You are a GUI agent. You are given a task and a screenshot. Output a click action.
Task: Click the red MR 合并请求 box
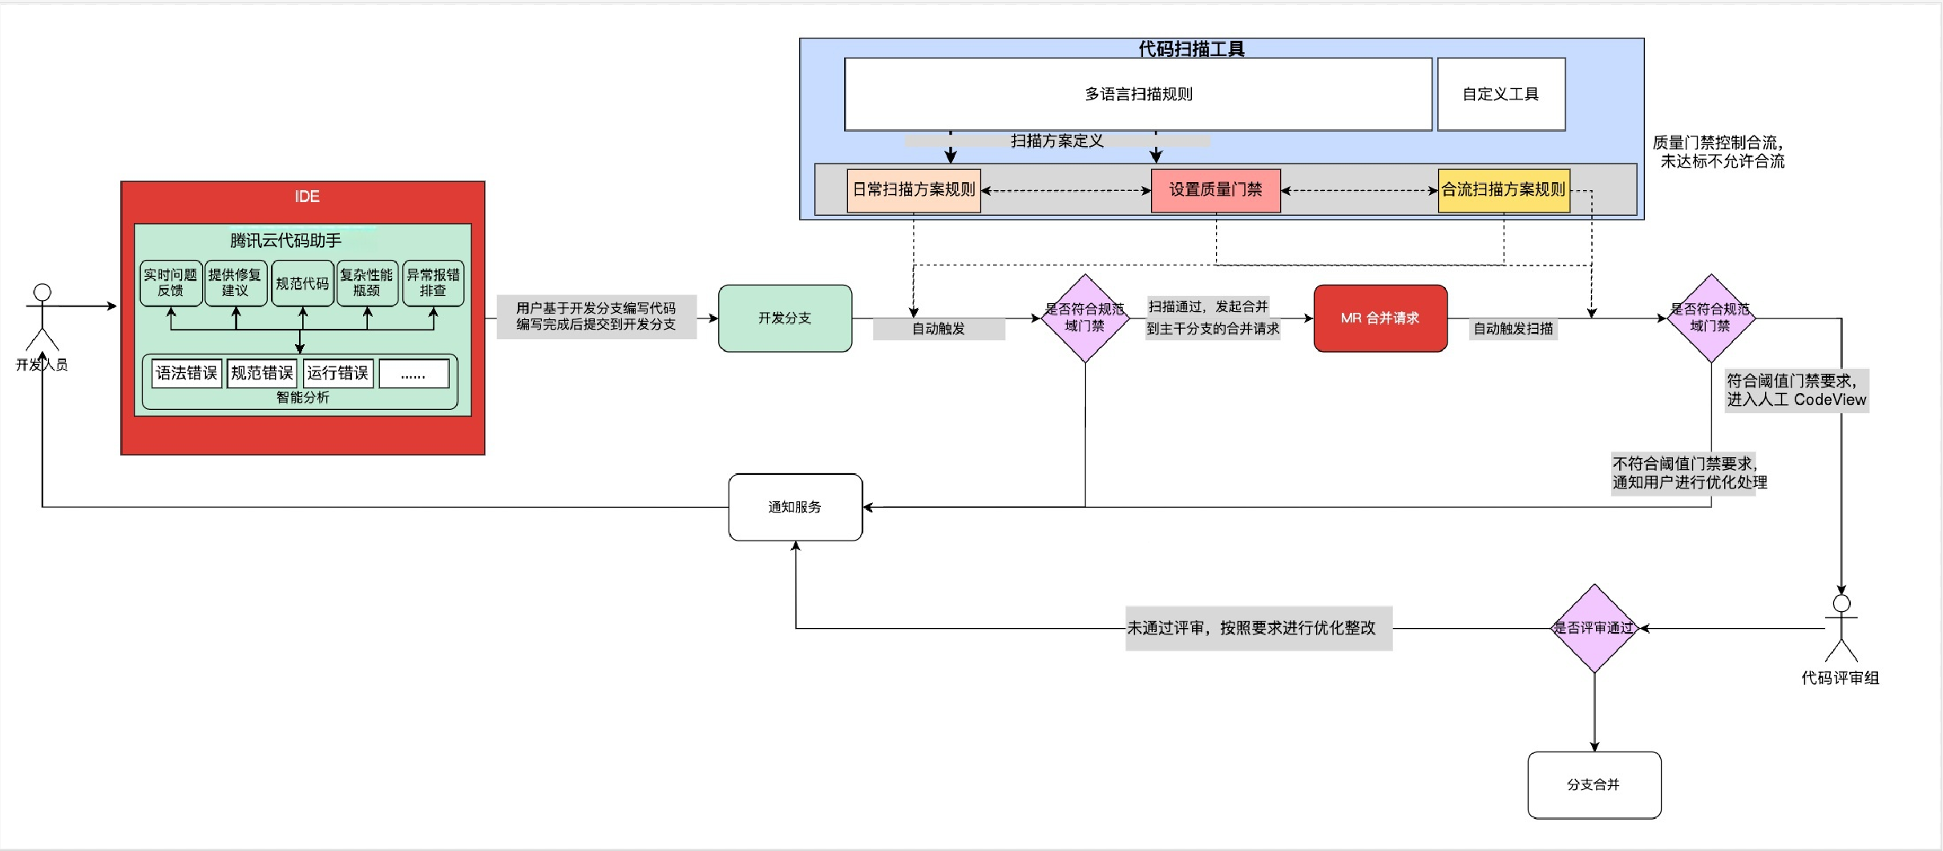[1379, 318]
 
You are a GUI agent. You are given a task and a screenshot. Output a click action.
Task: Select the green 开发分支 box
[785, 318]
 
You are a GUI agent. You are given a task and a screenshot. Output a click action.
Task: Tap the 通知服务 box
[795, 507]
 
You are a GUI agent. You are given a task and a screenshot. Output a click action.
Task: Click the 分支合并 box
[1594, 784]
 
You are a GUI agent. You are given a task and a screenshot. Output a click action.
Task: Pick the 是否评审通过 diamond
[1594, 628]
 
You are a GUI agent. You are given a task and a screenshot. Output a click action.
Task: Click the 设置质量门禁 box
[1215, 190]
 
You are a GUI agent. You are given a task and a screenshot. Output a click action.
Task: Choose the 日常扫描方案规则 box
[914, 190]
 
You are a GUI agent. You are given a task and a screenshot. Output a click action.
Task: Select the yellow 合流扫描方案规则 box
[1503, 190]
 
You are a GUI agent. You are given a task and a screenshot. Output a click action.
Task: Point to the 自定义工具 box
[1501, 94]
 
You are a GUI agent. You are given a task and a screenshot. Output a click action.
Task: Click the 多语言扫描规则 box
[1138, 94]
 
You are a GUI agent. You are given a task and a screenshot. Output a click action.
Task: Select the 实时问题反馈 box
[171, 282]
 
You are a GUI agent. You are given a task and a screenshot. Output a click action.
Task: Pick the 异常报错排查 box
[433, 282]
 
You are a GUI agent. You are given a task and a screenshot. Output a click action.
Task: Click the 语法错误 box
[187, 373]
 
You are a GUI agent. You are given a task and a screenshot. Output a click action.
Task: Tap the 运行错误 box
[337, 373]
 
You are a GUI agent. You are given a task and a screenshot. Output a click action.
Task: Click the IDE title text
[306, 197]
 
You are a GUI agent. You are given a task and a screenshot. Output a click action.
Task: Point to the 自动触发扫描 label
[1513, 329]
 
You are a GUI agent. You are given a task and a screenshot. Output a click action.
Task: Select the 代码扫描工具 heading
[1191, 49]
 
